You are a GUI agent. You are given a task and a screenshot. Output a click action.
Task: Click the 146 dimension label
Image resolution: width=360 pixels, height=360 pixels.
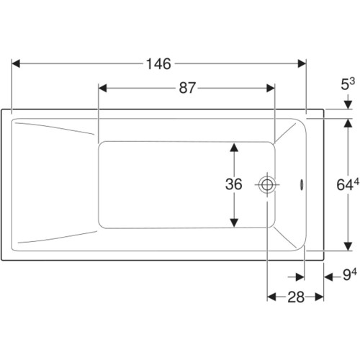tap(158, 64)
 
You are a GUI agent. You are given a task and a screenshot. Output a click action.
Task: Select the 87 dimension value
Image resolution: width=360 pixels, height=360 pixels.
tap(187, 88)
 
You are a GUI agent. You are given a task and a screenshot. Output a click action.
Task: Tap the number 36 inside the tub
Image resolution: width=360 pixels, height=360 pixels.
tap(233, 184)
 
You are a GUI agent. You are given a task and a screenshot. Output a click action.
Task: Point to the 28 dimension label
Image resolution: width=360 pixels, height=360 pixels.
tap(296, 297)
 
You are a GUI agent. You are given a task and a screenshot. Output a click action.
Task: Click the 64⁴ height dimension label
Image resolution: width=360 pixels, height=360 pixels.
tap(348, 184)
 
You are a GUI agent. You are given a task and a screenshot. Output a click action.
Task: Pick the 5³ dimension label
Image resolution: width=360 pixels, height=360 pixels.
tap(348, 84)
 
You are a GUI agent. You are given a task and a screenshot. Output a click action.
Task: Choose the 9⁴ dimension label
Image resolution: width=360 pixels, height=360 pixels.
tap(350, 274)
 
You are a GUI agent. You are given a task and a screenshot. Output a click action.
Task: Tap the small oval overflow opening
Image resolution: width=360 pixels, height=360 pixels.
tap(302, 184)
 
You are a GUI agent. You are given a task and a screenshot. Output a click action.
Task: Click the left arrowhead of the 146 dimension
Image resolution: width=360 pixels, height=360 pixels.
tap(16, 64)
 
